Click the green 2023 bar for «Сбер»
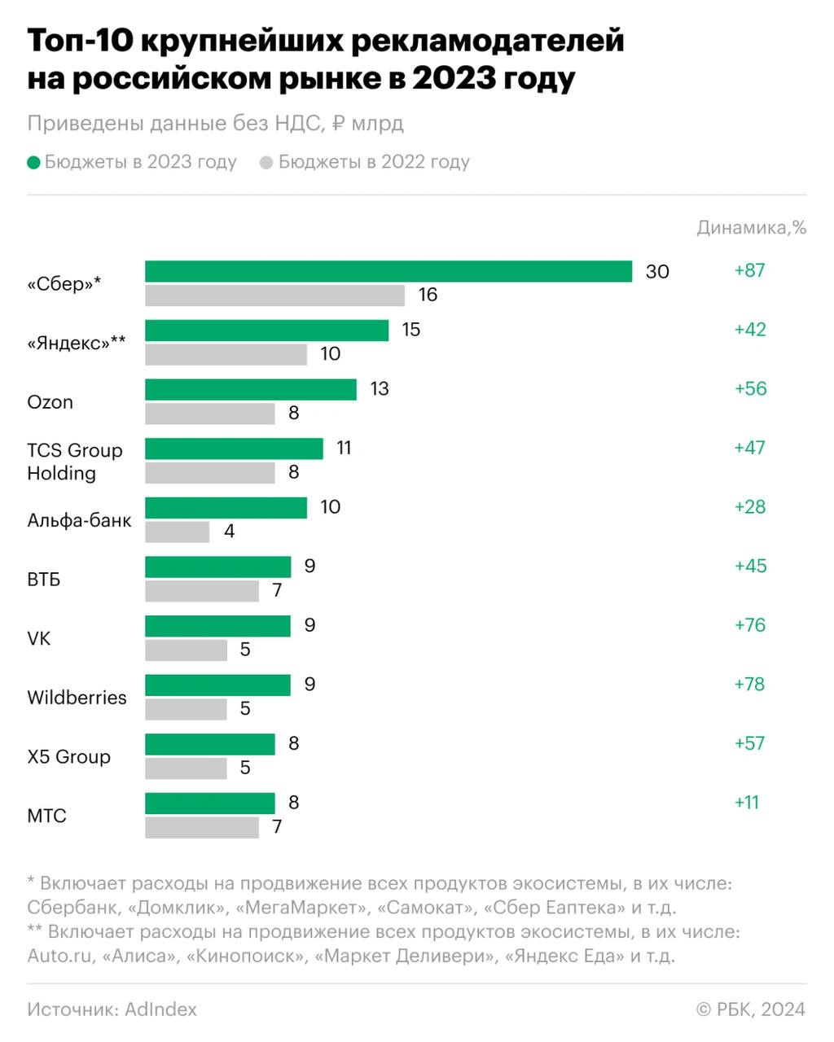(388, 271)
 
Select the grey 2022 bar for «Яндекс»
(226, 354)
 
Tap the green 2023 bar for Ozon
(251, 389)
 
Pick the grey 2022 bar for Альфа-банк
(177, 532)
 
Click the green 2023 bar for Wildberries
(217, 685)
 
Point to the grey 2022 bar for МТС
(202, 827)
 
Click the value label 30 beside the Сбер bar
(657, 272)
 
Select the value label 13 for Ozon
(380, 389)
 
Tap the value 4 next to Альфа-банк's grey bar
(230, 532)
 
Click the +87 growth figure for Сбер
(749, 270)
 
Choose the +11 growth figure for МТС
(747, 803)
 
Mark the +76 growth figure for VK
(749, 625)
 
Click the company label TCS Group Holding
(74, 462)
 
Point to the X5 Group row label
(68, 757)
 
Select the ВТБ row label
(44, 580)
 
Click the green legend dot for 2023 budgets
(33, 163)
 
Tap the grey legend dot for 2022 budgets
(266, 163)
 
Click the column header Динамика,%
(751, 228)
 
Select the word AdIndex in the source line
(160, 1009)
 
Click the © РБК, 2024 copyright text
(750, 1009)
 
